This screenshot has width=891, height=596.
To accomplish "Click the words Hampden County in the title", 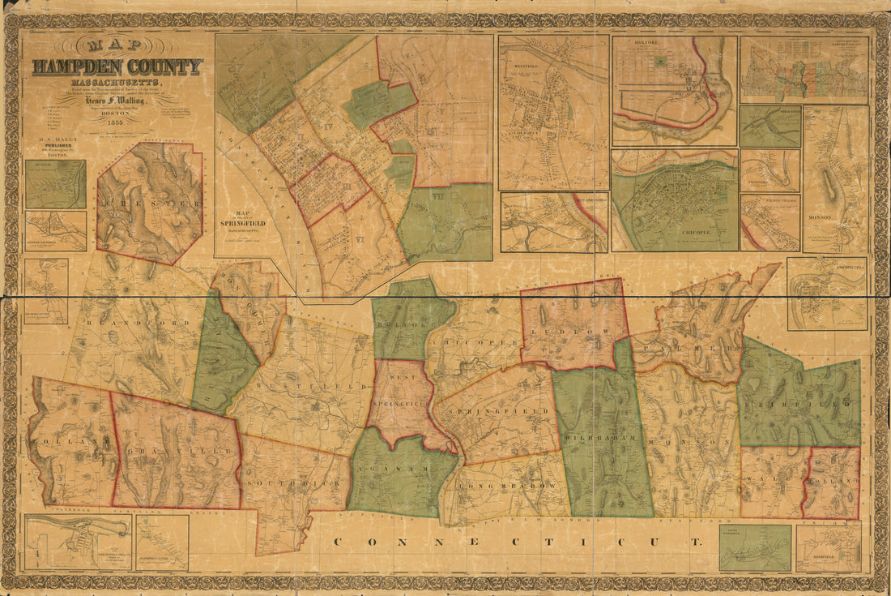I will point(117,66).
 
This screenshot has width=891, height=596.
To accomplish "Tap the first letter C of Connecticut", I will point(339,542).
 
